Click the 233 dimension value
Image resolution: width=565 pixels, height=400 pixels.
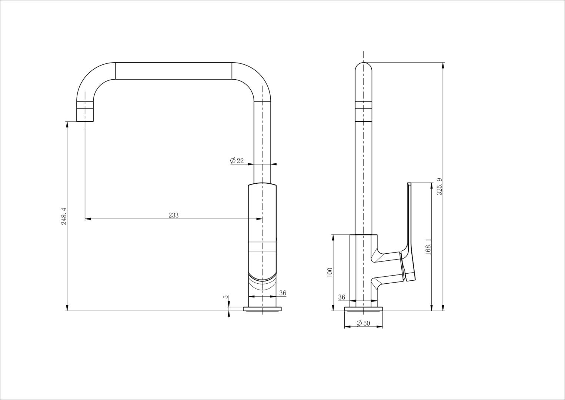coord(173,215)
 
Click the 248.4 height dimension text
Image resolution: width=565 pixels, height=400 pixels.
coord(64,216)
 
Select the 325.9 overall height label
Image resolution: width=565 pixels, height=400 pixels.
coord(439,187)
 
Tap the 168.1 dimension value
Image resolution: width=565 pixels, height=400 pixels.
coord(428,247)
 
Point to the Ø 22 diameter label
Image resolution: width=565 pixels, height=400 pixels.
coord(237,161)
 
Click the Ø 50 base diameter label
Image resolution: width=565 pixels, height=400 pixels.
coord(363,323)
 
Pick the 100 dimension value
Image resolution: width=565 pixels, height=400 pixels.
coord(330,272)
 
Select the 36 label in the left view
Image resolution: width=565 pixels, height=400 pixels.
coord(282,293)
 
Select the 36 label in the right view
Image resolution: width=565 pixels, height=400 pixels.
coord(342,297)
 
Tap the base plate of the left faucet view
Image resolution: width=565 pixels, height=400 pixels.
coord(263,309)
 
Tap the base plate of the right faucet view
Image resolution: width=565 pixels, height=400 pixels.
coord(363,309)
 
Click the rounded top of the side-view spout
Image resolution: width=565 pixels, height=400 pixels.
coord(364,67)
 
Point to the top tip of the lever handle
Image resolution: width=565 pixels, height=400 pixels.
coord(409,184)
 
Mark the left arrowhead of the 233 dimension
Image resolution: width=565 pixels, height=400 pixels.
coord(87,219)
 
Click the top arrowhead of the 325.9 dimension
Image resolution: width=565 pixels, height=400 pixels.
coord(443,66)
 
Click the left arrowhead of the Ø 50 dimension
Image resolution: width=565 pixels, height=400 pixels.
coord(347,327)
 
